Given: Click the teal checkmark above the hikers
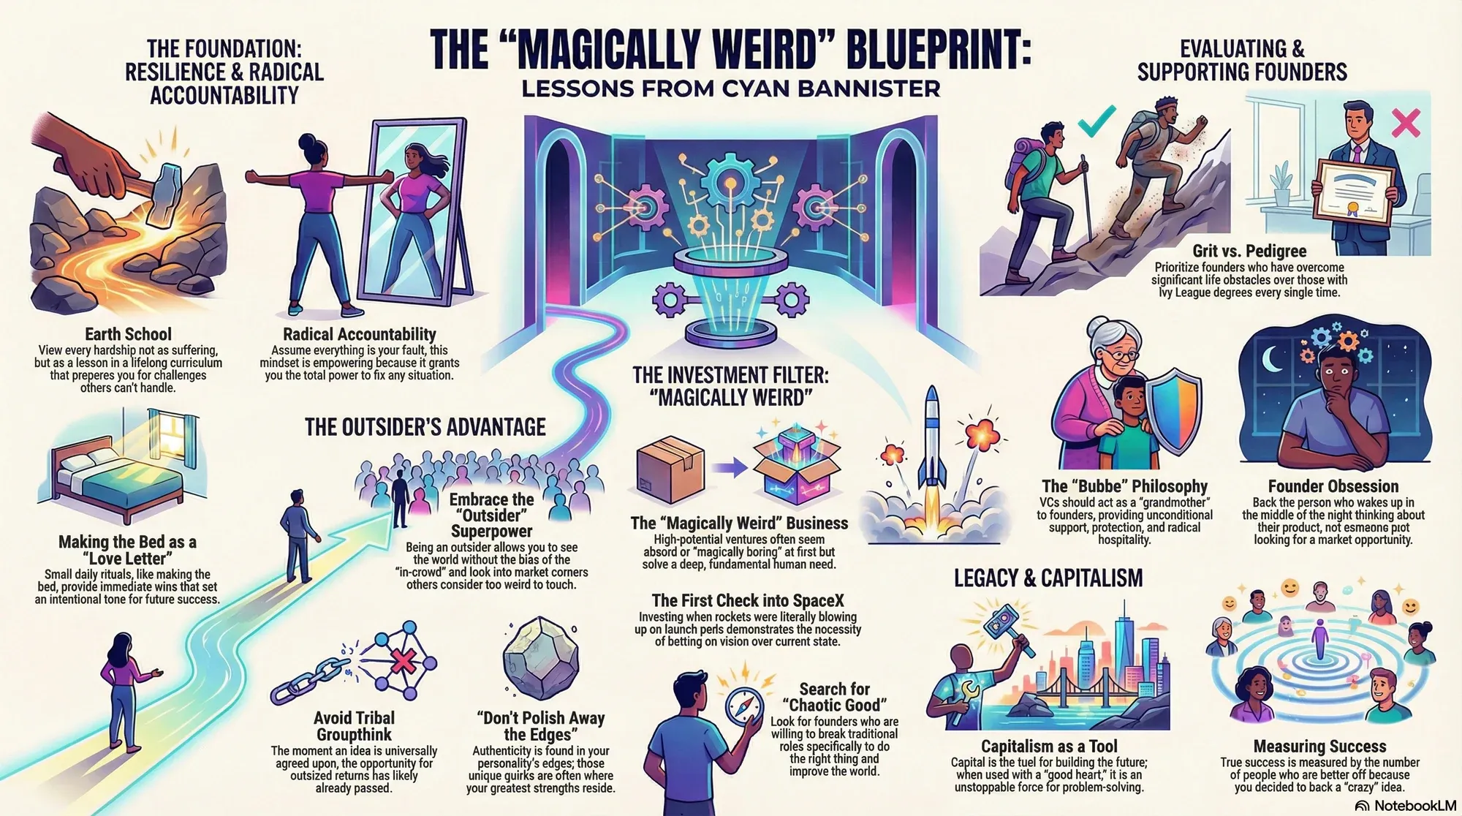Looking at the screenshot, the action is [x=1096, y=121].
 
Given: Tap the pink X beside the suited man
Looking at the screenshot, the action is [x=1405, y=123].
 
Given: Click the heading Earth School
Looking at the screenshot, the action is [x=128, y=334].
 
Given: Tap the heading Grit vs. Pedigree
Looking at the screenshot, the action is [x=1249, y=251].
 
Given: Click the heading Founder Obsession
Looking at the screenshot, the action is [x=1333, y=486].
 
